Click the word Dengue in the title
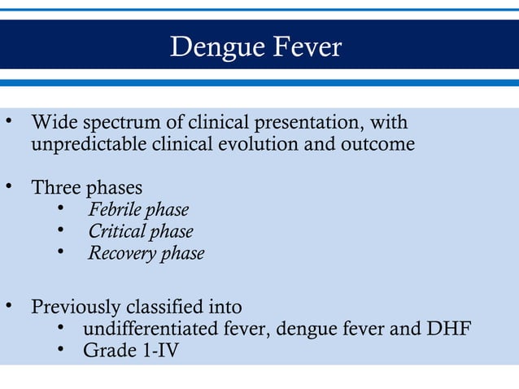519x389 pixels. click(x=212, y=48)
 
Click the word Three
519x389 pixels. click(x=55, y=188)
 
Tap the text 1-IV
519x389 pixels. click(x=159, y=352)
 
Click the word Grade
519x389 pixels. click(x=108, y=352)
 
